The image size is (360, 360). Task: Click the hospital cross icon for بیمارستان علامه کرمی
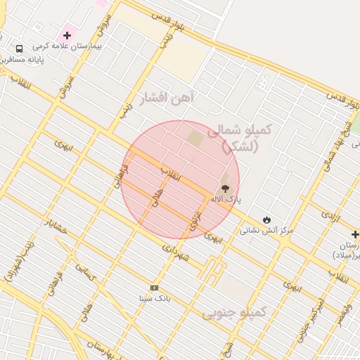coord(67,35)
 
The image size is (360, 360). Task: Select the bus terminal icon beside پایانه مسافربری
coord(19,49)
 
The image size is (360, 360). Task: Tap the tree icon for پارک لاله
coord(225,188)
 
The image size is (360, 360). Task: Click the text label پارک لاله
coord(226,200)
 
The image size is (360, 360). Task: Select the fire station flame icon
coord(266,220)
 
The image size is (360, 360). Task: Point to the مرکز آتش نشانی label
coord(266,231)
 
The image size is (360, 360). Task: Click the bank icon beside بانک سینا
coord(154,288)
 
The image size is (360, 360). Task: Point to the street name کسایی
coord(85,276)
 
